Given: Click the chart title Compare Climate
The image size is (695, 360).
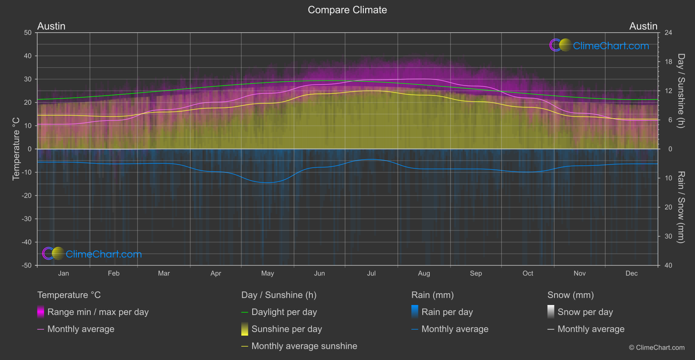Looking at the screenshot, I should [347, 10].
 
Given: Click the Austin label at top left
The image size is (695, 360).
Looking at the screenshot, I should [51, 26].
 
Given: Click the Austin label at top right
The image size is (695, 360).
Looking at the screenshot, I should [643, 26].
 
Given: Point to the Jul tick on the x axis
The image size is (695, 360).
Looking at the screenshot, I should [371, 274].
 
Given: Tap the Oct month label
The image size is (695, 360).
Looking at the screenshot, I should [528, 274].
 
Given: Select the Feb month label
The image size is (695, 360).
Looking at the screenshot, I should [113, 274].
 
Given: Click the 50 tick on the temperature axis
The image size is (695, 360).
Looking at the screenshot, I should [28, 33].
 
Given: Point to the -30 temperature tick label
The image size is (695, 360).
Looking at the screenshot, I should [27, 219].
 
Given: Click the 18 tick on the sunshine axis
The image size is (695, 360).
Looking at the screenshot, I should [668, 62].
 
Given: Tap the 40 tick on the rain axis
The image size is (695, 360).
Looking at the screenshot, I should [668, 265].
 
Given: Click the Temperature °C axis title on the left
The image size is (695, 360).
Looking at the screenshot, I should [16, 148].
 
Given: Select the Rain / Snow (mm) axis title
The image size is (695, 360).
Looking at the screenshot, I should [681, 207].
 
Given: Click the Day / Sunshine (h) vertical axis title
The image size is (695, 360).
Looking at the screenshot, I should [681, 91].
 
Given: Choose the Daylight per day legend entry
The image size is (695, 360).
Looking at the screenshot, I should [284, 312].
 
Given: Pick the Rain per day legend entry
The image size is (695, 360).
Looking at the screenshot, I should [447, 312].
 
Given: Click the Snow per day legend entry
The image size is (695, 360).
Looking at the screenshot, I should [585, 312].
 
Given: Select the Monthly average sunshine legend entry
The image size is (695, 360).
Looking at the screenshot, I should [304, 346].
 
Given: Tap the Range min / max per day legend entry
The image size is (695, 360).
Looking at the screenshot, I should [98, 312].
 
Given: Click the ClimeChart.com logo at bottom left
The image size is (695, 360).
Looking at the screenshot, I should [92, 254].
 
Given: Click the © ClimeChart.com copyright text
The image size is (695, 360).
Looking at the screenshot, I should [657, 348].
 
